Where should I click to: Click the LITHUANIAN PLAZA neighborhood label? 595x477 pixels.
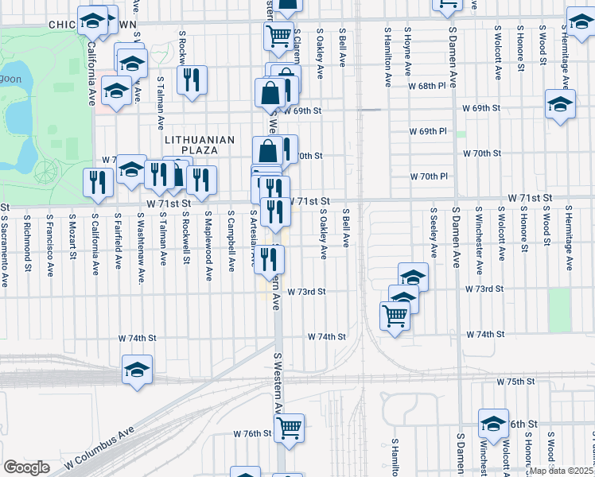pos(200,140)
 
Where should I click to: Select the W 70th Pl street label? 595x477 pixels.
pos(429,176)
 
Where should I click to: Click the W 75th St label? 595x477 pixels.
pos(515,382)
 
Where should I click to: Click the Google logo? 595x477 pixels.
pos(26,467)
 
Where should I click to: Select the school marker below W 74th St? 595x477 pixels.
pos(138,370)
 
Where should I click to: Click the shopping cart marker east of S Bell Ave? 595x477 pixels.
pos(395,317)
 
